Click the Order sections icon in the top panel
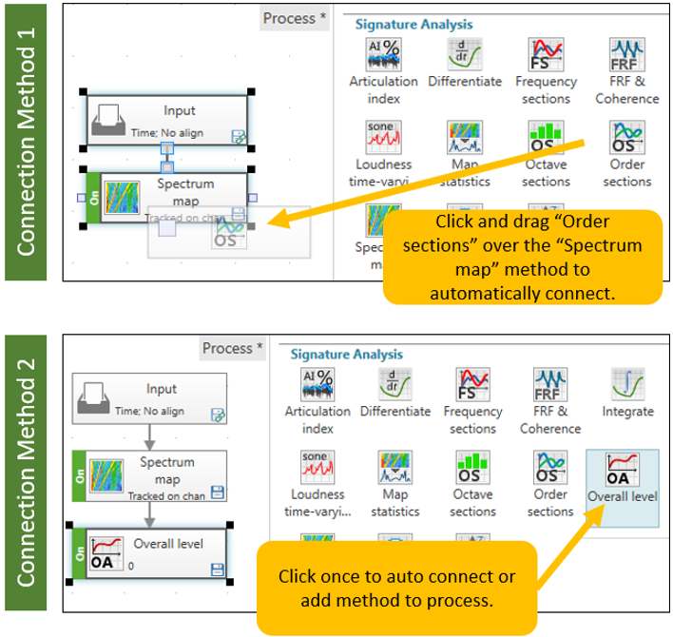click(x=626, y=139)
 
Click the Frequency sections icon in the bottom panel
click(x=472, y=385)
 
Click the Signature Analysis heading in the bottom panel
click(x=346, y=355)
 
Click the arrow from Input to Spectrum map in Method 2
click(x=149, y=437)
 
